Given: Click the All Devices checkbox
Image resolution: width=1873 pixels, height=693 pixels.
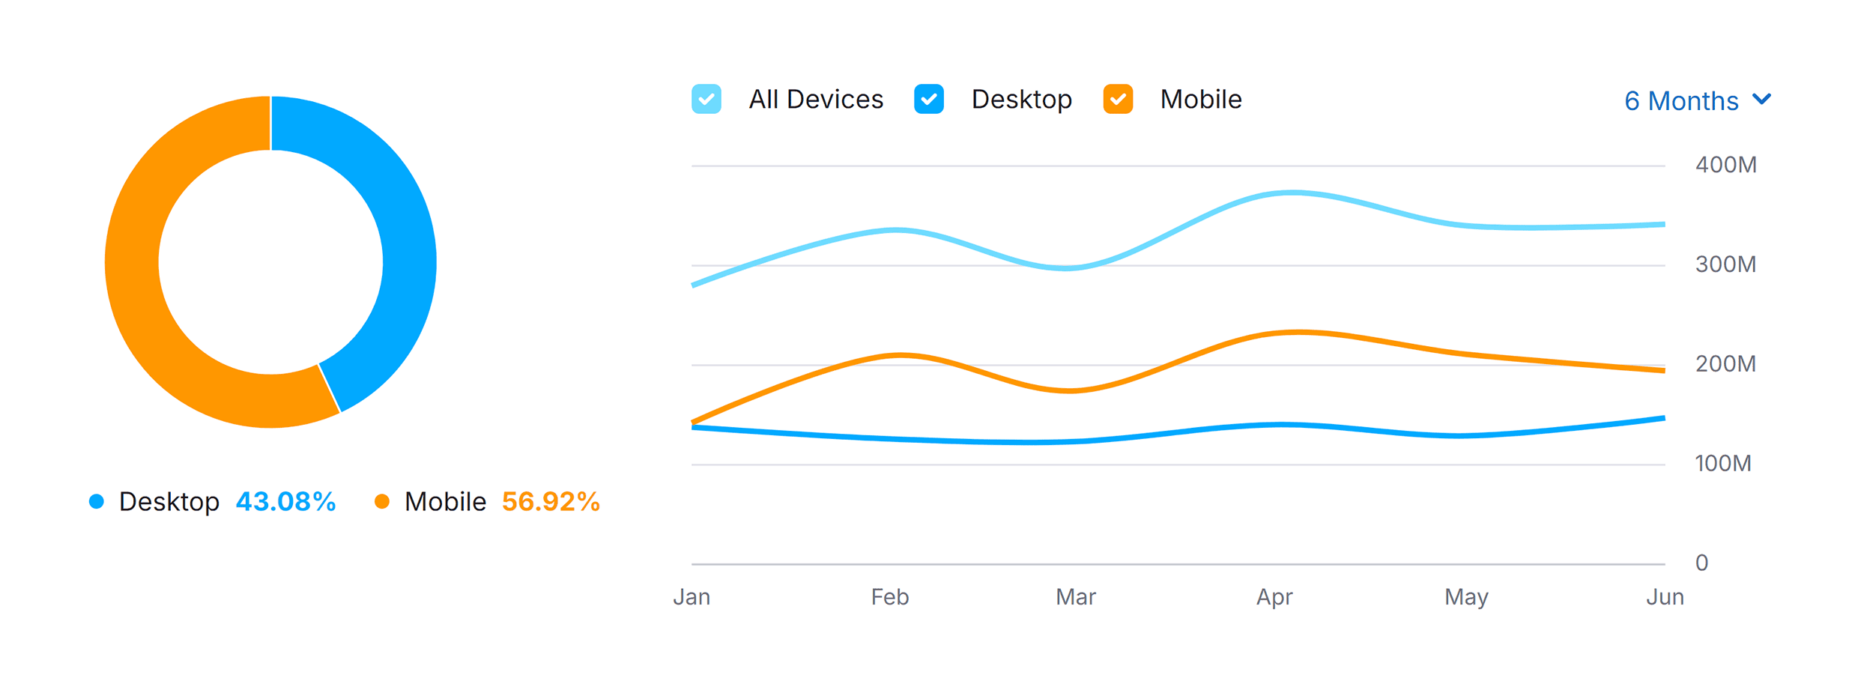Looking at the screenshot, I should pos(706,99).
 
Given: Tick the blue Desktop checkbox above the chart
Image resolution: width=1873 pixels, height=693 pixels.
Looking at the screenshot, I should pos(928,99).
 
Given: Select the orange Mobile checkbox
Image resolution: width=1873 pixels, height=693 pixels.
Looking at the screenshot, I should pos(1117,99).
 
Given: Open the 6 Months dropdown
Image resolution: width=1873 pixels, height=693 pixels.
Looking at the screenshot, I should pos(1696,100).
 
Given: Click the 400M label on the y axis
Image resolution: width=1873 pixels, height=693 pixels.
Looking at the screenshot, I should pos(1725,165).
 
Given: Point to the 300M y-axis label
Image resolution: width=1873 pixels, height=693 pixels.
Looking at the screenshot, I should pos(1725,264).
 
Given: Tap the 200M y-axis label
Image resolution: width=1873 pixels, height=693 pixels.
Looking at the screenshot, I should pos(1725,364).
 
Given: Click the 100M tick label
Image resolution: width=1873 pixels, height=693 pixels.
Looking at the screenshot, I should pos(1722,464).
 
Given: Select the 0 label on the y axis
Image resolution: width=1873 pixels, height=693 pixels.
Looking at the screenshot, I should pos(1701,563).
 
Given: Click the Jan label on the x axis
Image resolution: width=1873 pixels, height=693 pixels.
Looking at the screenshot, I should pos(691,597).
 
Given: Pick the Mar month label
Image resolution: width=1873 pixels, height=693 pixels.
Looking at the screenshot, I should pos(1075,597).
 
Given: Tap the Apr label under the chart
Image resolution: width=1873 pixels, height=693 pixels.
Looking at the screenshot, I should pos(1274,597).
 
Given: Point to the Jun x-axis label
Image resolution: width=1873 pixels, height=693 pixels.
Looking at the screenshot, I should pos(1665,597).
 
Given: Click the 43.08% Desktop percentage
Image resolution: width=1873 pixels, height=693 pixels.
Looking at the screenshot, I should pos(285,502).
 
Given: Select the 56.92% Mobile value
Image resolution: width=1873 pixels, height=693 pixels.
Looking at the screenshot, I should pos(551,502).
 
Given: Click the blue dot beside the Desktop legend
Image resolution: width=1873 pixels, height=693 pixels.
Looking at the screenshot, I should pos(97,502).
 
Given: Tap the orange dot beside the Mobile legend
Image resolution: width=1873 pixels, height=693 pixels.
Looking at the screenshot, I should pos(382,502).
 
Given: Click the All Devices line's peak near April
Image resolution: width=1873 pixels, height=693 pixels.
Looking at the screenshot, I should pos(1292,193).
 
